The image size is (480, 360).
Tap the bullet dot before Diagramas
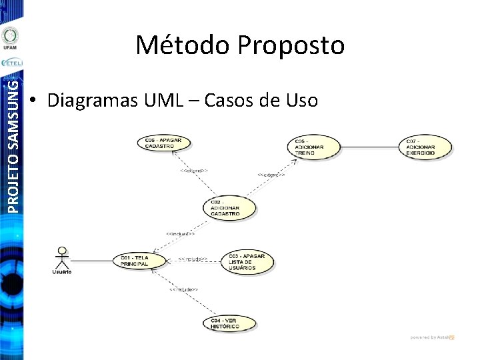pos(33,101)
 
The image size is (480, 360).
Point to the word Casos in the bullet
pos(232,101)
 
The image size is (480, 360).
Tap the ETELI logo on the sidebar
pos(11,63)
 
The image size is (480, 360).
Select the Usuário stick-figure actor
pos(62,260)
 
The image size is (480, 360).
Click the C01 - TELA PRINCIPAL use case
pos(141,259)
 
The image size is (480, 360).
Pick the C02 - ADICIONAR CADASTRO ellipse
pos(230,207)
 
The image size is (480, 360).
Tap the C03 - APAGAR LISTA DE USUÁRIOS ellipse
pos(247,261)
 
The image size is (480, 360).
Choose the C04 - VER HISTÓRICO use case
pos(229,323)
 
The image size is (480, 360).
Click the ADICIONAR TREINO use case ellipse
pos(314,147)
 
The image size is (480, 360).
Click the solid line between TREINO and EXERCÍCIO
pos(371,146)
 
